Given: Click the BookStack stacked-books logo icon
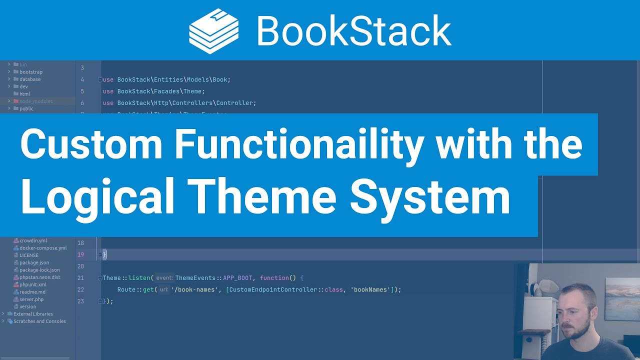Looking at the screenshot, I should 213,30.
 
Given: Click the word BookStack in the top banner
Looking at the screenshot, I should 354,30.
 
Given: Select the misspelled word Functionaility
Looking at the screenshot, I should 298,144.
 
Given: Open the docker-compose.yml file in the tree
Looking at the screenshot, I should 42,248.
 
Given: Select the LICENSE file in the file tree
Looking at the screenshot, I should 29,255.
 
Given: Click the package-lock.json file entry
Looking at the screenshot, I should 39,270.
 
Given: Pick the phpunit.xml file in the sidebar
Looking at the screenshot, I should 33,284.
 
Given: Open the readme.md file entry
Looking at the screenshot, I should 32,292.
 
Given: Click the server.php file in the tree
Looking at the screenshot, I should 31,299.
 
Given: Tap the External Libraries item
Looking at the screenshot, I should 33,314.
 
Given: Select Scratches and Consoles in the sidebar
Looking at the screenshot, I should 39,321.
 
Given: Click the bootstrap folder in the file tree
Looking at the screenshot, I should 31,72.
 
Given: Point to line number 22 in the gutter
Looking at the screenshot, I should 80,289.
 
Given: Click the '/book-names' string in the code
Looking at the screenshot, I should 194,289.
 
